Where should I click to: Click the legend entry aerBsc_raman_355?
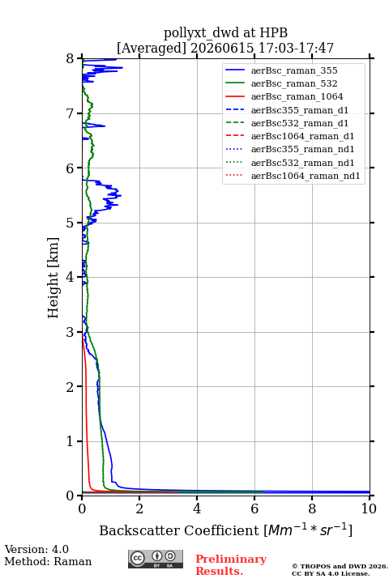pos(294,70)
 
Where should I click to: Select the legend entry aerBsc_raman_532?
pos(294,83)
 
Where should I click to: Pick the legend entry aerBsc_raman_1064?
pos(297,96)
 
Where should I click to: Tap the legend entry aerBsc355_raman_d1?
pos(300,110)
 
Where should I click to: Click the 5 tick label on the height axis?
pos(71,223)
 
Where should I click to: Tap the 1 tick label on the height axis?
pos(71,441)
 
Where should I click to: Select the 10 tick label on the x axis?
pos(369,509)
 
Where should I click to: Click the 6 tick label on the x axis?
pos(254,509)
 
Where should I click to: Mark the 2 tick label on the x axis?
pos(139,509)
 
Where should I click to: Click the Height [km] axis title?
pos(53,278)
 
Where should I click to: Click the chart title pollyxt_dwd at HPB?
pos(225,32)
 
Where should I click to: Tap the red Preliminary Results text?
pos(231,564)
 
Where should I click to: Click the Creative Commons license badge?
pos(156,559)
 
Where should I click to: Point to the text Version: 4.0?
pos(36,549)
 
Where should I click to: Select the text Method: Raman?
pos(48,561)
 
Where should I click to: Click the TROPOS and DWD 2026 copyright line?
pos(340,566)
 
